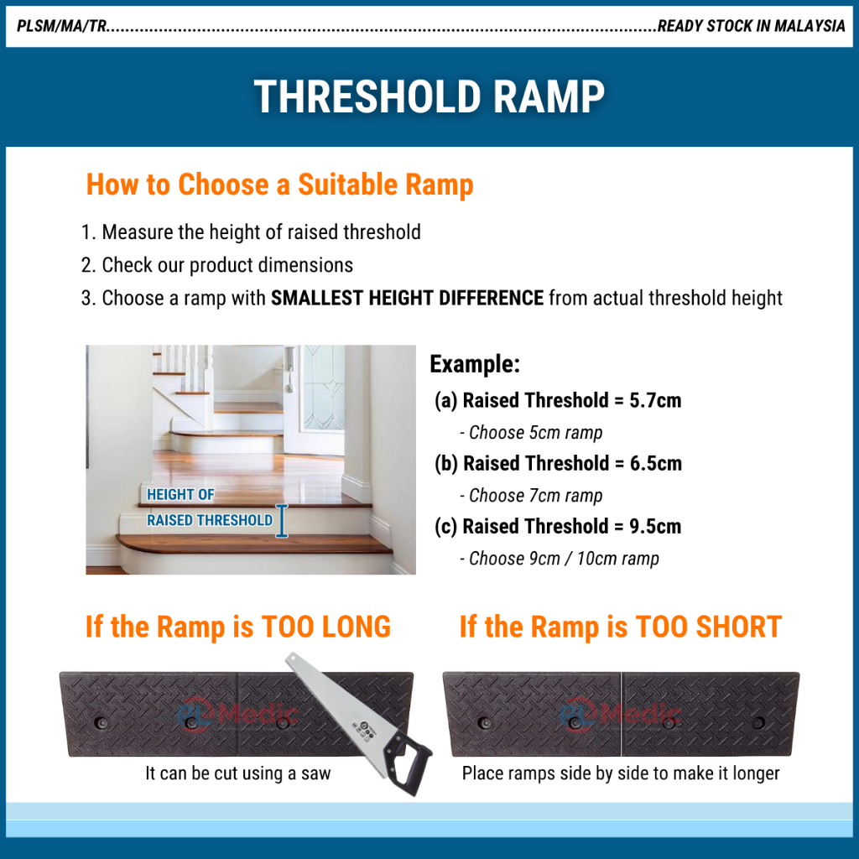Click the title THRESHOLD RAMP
click(429, 96)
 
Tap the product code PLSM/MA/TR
click(61, 26)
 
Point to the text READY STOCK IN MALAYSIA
click(751, 26)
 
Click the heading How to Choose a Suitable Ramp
click(279, 185)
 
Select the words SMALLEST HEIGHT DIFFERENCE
click(407, 298)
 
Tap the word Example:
click(475, 364)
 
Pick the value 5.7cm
click(655, 400)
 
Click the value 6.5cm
click(656, 463)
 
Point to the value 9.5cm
click(655, 527)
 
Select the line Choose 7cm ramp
click(531, 495)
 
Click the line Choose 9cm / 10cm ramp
click(559, 558)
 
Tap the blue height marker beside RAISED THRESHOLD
click(282, 520)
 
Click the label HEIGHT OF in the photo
click(180, 494)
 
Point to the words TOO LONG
click(326, 627)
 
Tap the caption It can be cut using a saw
click(237, 773)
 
